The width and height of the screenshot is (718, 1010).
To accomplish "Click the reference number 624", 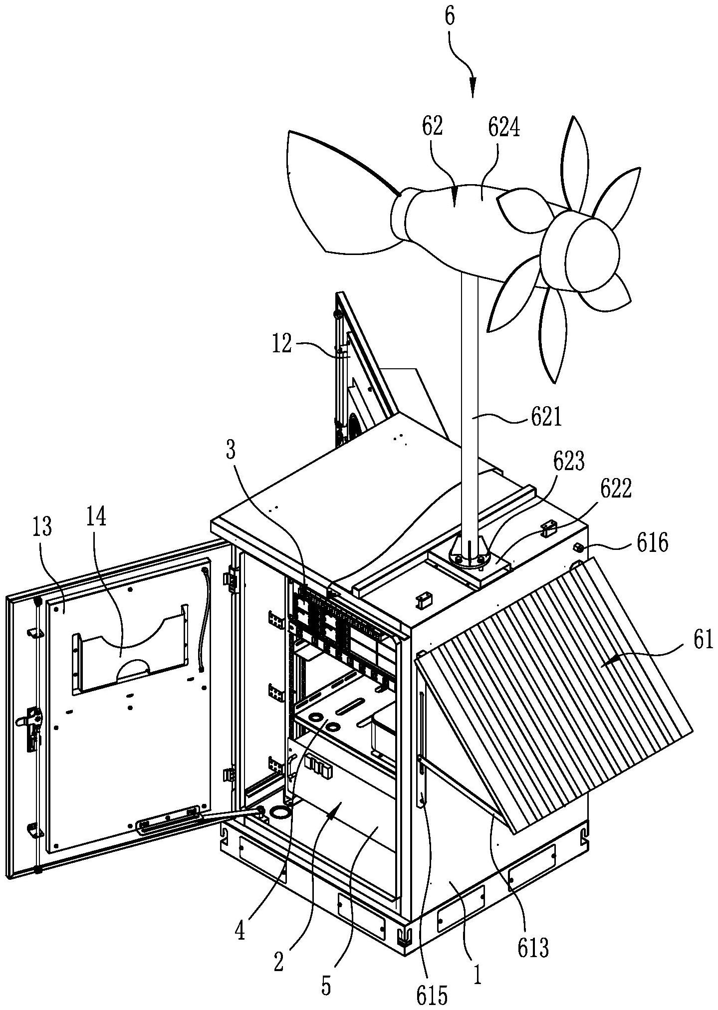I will [x=503, y=128].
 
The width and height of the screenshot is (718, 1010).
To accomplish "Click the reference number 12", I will [x=283, y=345].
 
